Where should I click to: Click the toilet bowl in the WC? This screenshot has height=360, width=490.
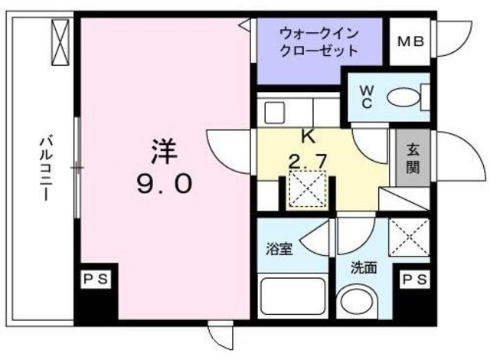point(403,98)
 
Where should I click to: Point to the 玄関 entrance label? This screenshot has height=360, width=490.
point(411,159)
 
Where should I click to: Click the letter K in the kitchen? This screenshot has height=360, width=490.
point(309,138)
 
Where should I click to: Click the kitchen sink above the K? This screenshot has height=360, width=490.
point(275,112)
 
